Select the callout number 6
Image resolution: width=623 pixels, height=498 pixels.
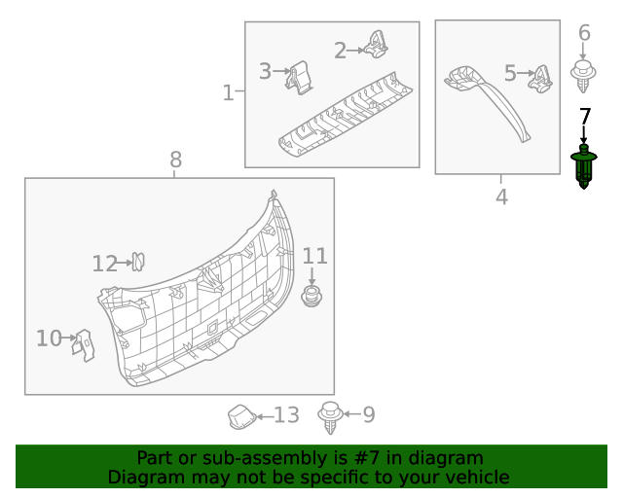tap(584, 34)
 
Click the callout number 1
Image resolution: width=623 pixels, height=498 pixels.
tap(229, 93)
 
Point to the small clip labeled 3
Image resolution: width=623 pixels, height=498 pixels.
tap(300, 77)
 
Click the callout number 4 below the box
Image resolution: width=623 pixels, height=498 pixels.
tap(501, 197)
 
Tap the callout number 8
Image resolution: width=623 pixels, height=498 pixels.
tap(175, 160)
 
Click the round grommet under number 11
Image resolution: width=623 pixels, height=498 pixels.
tap(312, 297)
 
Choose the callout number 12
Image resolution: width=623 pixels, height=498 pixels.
tap(104, 264)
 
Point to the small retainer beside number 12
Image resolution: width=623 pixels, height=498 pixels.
tap(138, 261)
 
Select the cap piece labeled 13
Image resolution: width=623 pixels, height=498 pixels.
tap(240, 416)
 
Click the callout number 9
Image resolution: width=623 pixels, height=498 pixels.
tap(368, 415)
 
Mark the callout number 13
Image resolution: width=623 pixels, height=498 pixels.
tap(285, 415)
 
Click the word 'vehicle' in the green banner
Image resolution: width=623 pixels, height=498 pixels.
tap(476, 478)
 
